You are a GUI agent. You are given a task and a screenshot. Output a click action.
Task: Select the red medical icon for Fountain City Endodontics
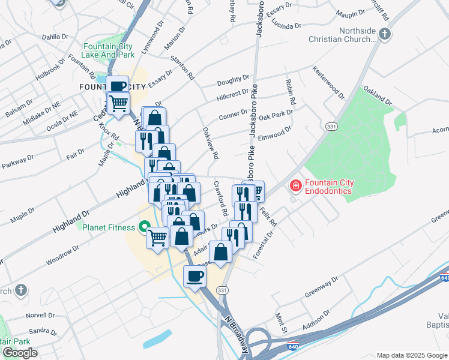tap(295, 186)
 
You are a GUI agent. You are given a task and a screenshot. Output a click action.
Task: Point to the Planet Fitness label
tap(107, 227)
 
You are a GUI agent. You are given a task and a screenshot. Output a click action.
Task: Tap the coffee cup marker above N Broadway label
tap(194, 277)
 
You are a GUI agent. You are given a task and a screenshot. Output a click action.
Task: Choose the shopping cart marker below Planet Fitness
tap(158, 238)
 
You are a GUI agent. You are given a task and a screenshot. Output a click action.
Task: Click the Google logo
tap(20, 353)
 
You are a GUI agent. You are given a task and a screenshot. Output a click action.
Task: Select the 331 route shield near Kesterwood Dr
tap(331, 127)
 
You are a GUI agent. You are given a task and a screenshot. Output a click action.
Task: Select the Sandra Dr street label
tap(42, 331)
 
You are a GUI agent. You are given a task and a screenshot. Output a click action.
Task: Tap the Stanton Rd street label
tap(183, 68)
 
